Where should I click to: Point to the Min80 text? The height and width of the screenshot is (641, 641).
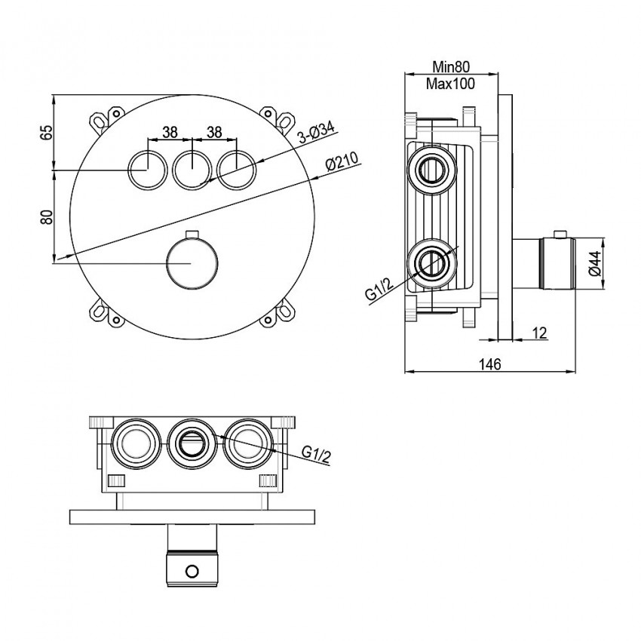tap(450, 68)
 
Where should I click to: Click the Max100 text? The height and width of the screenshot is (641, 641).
tap(450, 84)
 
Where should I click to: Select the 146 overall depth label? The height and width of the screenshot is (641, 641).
tap(491, 364)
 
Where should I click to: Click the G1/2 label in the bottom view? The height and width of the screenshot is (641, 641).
tap(316, 452)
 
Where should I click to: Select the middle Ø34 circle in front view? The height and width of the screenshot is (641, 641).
tap(192, 168)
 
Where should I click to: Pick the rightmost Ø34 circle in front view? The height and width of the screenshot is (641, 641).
tap(237, 168)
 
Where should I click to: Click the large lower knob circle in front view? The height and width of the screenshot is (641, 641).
tap(192, 261)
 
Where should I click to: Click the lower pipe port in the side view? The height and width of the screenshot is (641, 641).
tap(431, 262)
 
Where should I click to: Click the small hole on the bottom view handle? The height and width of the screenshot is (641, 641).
tap(193, 570)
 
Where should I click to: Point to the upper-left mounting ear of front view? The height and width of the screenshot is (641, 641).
tap(100, 121)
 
